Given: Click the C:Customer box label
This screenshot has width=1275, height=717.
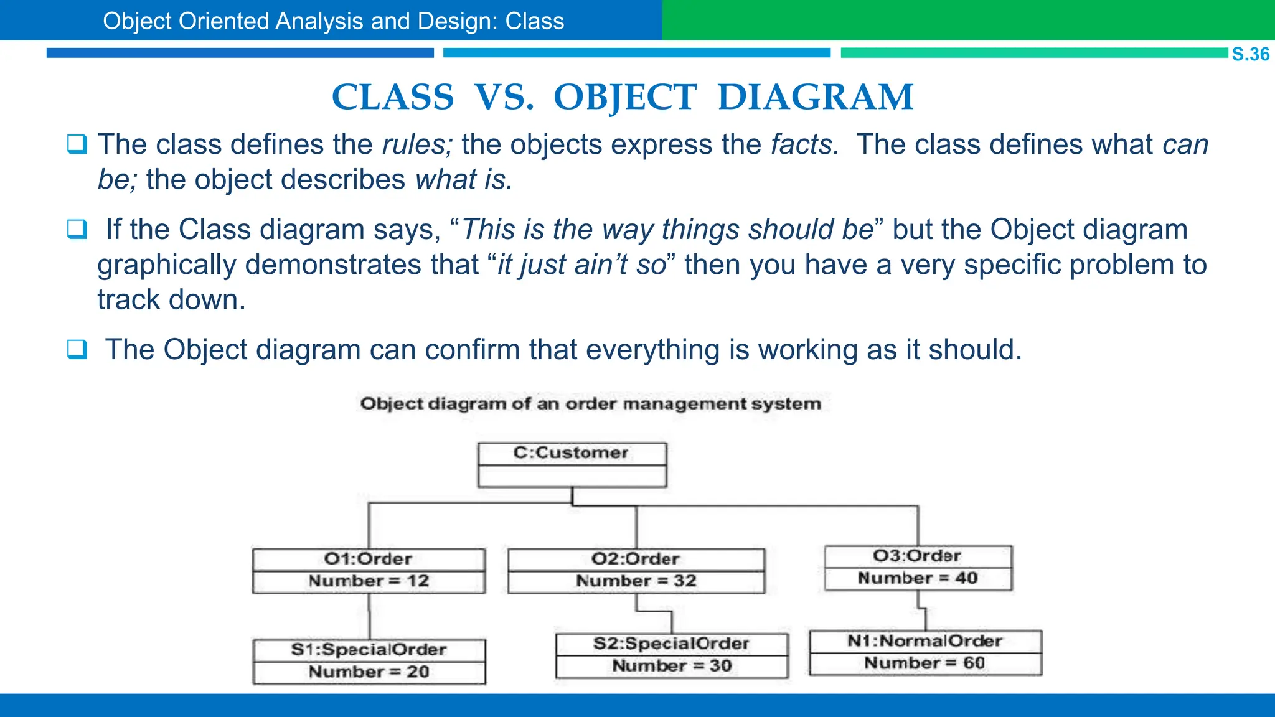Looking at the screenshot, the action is point(571,452).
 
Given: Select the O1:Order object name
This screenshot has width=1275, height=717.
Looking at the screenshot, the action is point(368,559).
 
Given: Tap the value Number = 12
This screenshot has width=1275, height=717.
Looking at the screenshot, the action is point(369,581).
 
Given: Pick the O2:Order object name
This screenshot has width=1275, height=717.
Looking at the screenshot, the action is point(635,559).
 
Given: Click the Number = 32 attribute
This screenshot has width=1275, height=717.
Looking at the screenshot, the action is point(636,581).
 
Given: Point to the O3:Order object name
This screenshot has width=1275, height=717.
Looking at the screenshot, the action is point(917,556).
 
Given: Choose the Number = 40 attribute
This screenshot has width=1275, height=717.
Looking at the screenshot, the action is point(918,578).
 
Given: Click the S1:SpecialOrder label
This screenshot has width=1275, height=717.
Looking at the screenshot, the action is point(369,650).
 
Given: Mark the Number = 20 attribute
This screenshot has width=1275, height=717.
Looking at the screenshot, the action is point(369,672).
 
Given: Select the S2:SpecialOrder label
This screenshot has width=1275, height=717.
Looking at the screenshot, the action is point(671,644).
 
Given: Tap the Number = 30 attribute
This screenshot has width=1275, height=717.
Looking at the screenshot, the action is point(672,666).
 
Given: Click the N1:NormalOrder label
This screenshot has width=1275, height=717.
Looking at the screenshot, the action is point(925,641).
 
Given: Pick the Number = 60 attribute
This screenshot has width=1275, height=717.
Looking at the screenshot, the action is point(924,663).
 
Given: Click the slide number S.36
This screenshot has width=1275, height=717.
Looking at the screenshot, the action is point(1250,54).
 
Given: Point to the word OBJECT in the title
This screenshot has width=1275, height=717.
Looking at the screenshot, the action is point(624,98).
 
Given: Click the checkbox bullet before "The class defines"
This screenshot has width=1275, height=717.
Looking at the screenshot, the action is point(77,144).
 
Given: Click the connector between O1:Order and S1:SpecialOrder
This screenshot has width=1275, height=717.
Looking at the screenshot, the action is point(369,616).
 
